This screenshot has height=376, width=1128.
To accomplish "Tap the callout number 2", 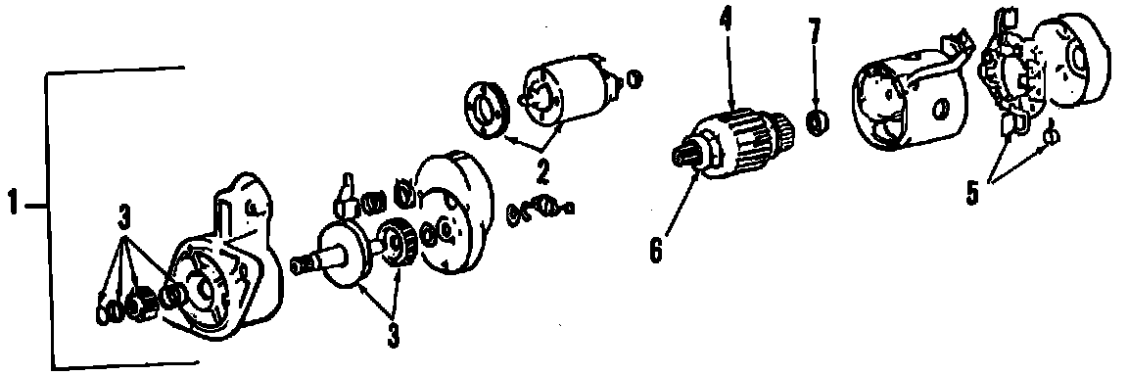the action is coord(541,173).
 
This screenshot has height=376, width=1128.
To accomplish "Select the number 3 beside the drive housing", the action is coord(124,215).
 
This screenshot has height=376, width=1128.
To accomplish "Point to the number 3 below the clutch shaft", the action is coord(394,336).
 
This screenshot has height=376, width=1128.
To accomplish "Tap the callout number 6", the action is coord(655,252).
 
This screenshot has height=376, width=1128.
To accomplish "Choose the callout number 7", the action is coord(815,32).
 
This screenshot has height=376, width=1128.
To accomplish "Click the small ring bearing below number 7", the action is coord(818,123).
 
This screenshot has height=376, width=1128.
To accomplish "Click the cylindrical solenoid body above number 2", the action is coord(571,92).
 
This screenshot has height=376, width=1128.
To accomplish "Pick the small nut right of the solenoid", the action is coord(634,77).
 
